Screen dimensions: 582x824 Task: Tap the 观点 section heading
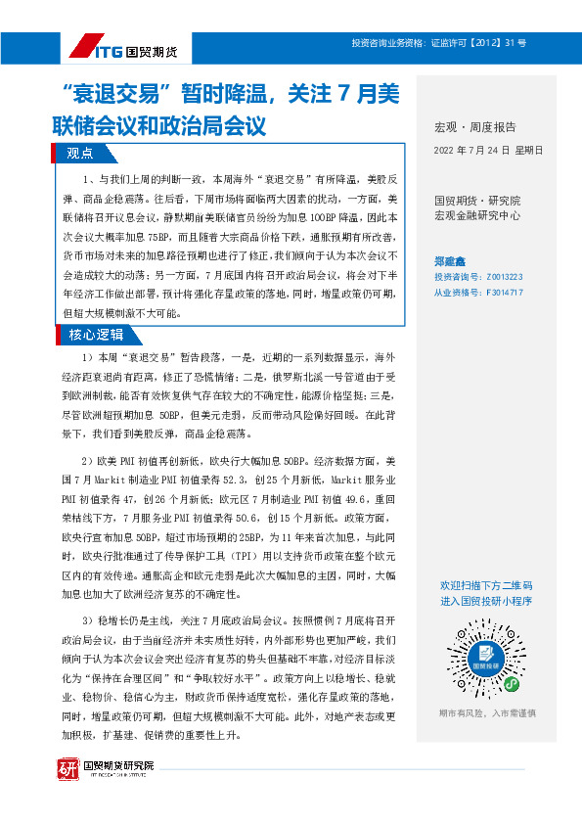pyautogui.click(x=79, y=153)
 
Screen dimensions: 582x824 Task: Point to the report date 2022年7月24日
pyautogui.click(x=487, y=151)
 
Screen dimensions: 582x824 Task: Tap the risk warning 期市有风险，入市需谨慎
pyautogui.click(x=486, y=713)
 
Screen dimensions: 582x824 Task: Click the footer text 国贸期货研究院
pyautogui.click(x=118, y=764)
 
